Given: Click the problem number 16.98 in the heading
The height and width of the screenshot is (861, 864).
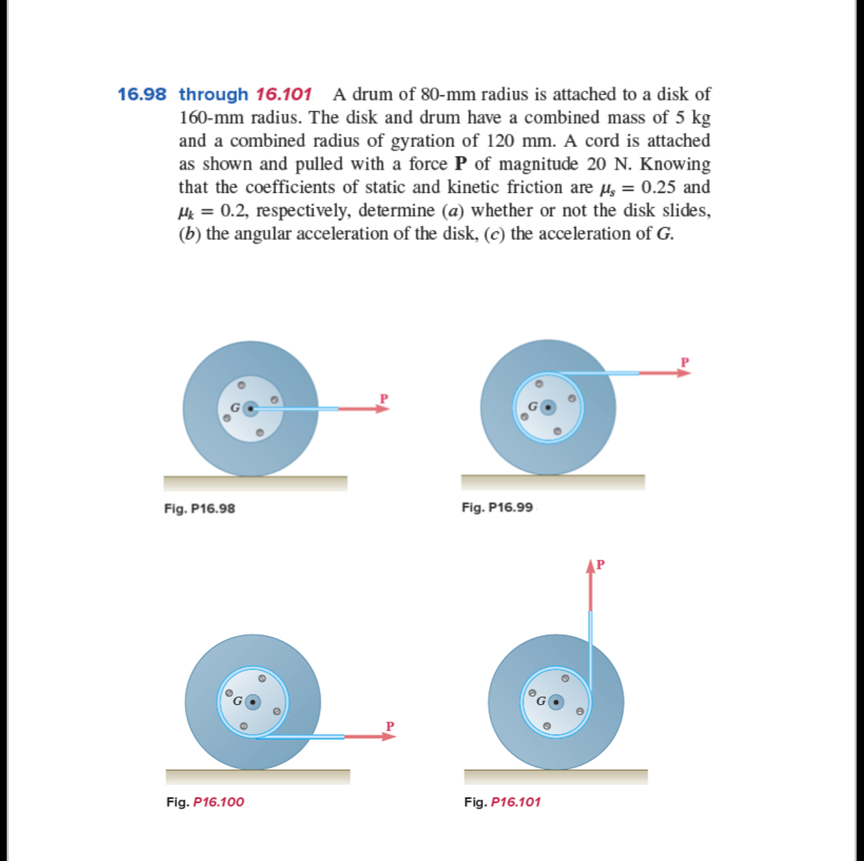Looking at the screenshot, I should point(141,94).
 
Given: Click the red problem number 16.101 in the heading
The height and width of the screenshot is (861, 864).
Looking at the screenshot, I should point(283,94).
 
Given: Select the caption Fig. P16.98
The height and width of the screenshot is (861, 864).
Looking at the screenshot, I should point(200,508).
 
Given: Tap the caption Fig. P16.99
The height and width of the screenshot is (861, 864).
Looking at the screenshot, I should point(497,507).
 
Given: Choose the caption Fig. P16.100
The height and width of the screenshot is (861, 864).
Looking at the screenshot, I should point(205,802).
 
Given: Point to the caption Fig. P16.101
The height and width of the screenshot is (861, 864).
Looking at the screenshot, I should point(503,802).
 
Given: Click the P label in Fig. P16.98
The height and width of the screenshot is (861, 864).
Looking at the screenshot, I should point(384,398).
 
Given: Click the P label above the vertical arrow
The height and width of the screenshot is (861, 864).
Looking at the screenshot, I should point(601,563).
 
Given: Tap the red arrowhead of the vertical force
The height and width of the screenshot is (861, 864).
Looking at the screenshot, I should point(591,567).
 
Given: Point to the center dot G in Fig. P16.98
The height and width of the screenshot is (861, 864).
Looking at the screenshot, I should point(250,409).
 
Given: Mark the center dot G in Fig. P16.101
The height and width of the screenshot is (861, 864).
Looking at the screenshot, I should point(556,703).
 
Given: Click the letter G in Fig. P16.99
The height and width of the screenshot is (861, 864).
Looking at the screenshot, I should point(533,407).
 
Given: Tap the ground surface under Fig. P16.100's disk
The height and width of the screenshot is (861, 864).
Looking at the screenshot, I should point(258,777).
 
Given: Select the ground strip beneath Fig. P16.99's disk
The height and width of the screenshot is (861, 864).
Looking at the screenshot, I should point(552,482).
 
